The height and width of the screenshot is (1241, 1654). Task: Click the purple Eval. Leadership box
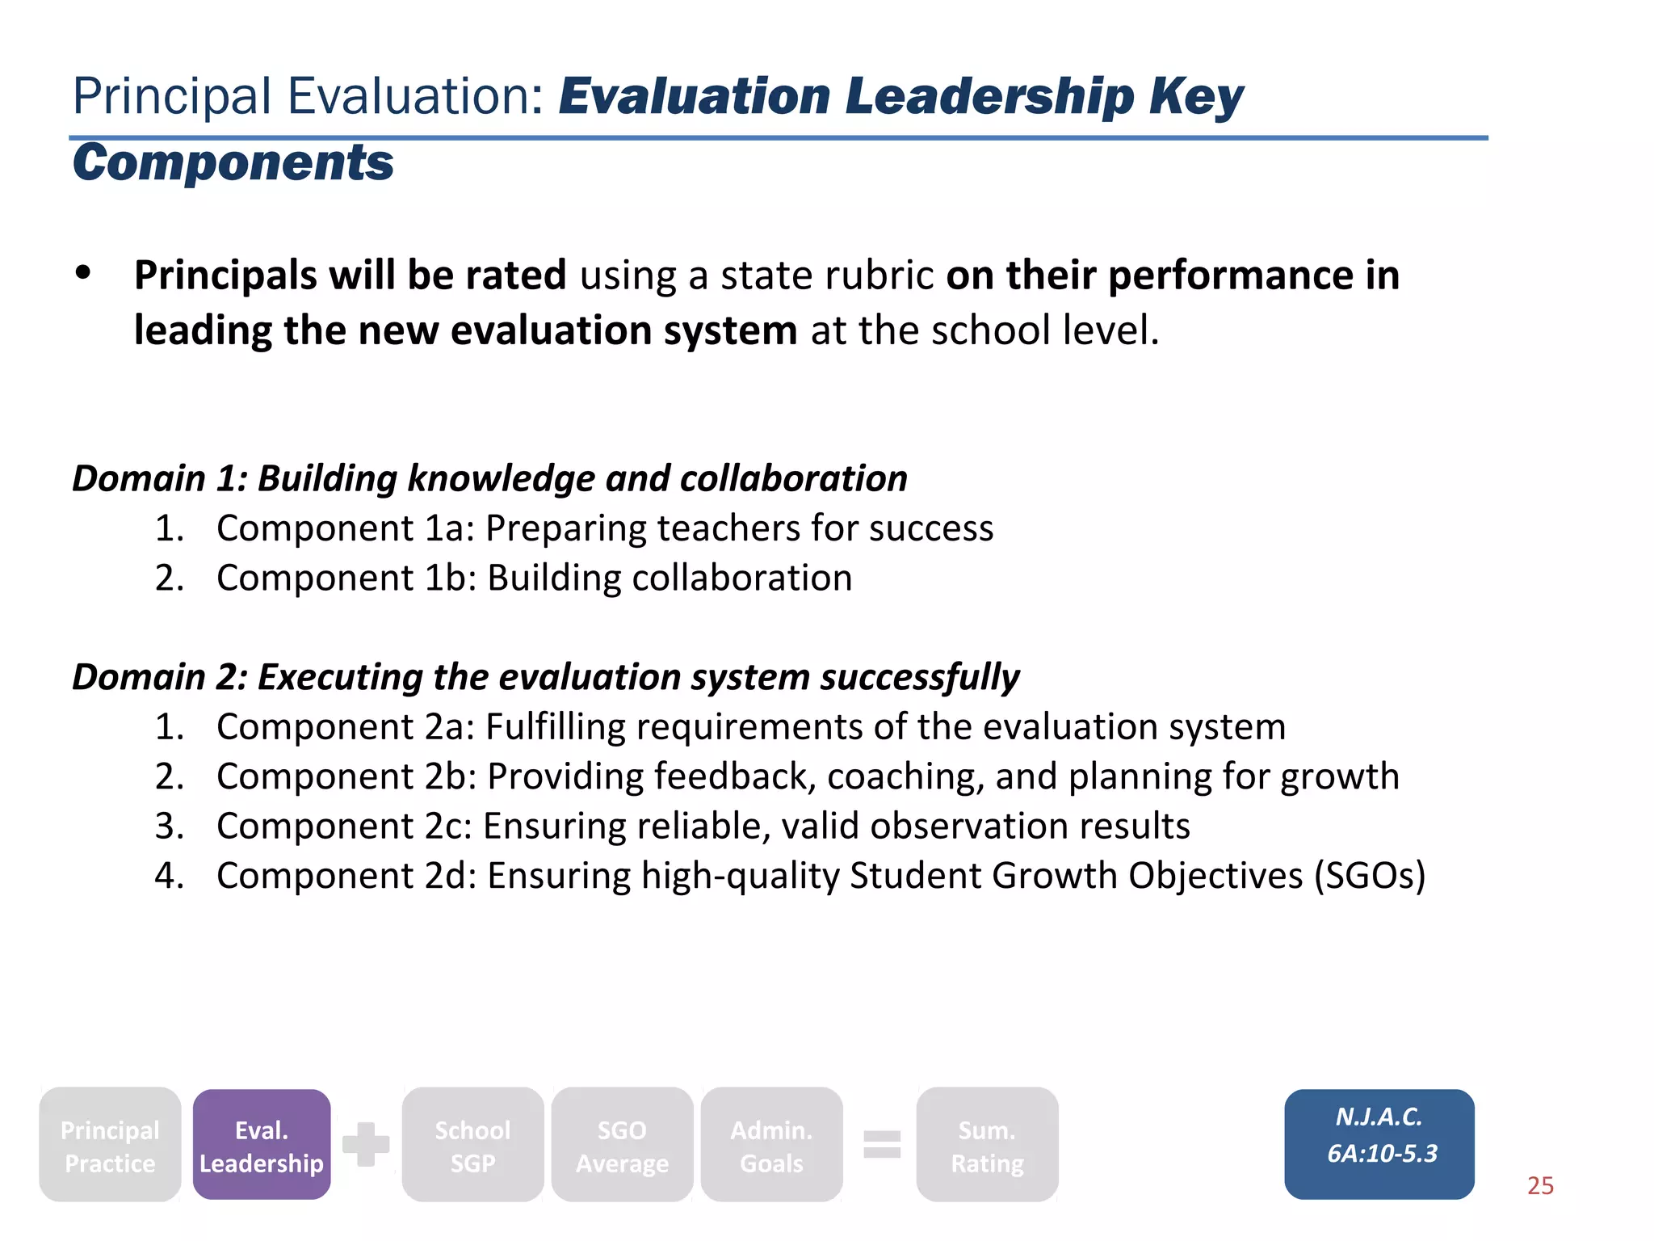(262, 1145)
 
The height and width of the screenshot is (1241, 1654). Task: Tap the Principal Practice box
(110, 1145)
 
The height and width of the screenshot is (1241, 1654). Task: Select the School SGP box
(472, 1145)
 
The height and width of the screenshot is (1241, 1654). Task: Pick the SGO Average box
(622, 1145)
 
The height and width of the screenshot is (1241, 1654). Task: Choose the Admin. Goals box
(771, 1145)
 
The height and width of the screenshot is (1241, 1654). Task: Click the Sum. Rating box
(987, 1145)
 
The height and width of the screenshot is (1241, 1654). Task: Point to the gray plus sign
(366, 1144)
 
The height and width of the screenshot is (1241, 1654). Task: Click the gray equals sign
(882, 1144)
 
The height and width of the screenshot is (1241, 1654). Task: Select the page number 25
(1540, 1185)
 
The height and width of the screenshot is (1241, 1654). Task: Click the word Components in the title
(233, 162)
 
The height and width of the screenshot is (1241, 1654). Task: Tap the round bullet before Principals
(83, 273)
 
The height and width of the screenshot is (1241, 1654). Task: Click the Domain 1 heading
(489, 478)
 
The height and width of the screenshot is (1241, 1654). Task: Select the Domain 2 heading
(546, 677)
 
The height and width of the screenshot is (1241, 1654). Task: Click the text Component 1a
(346, 528)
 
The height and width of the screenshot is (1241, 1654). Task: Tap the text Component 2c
(345, 827)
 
